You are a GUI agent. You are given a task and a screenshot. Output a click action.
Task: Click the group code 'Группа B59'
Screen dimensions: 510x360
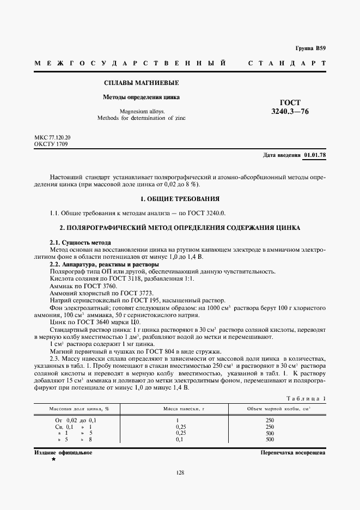point(310,48)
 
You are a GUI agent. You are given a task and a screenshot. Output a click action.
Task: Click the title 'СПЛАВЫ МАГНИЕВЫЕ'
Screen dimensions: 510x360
point(142,83)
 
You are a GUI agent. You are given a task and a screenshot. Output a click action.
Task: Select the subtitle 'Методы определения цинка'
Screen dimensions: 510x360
point(142,98)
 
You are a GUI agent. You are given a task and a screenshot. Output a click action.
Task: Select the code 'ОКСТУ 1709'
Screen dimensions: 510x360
point(51,144)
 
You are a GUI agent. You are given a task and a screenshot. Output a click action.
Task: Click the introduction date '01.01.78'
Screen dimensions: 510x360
point(315,155)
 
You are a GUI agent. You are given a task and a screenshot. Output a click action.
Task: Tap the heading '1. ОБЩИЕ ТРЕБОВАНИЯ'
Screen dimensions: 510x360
point(180,199)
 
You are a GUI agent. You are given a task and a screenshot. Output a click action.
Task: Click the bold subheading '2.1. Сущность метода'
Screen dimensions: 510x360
point(81,242)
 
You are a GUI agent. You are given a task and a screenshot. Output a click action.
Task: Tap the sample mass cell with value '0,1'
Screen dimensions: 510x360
point(178,439)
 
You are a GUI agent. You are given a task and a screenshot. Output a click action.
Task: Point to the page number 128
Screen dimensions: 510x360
point(180,472)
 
